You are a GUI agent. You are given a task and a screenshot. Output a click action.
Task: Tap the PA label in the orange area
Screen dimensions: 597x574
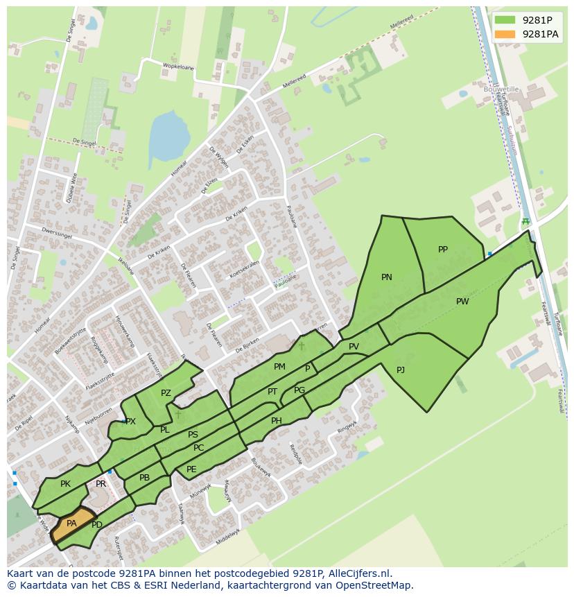click(x=71, y=524)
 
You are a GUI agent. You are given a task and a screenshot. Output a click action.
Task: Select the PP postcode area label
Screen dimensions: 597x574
click(x=443, y=250)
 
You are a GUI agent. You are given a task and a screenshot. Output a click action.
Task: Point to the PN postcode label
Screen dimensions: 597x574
click(x=387, y=277)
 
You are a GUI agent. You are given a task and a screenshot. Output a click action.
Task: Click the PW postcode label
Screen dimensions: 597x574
click(x=462, y=302)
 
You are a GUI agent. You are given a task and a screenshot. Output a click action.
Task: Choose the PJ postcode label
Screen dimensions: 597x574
click(x=401, y=370)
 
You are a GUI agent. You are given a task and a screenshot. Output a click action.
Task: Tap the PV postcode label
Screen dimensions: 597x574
click(x=354, y=347)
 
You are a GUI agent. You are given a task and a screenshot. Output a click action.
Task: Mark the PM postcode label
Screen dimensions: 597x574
click(x=279, y=367)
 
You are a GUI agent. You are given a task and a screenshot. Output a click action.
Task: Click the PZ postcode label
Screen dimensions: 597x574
click(x=166, y=393)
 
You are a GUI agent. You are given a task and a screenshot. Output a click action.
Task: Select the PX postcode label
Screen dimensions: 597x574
click(x=131, y=422)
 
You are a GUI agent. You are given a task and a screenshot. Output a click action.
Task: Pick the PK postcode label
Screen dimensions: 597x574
click(x=65, y=484)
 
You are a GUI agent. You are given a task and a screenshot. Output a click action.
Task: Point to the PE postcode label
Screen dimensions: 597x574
click(x=191, y=469)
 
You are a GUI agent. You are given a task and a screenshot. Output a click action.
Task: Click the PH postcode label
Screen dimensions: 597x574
click(x=277, y=421)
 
